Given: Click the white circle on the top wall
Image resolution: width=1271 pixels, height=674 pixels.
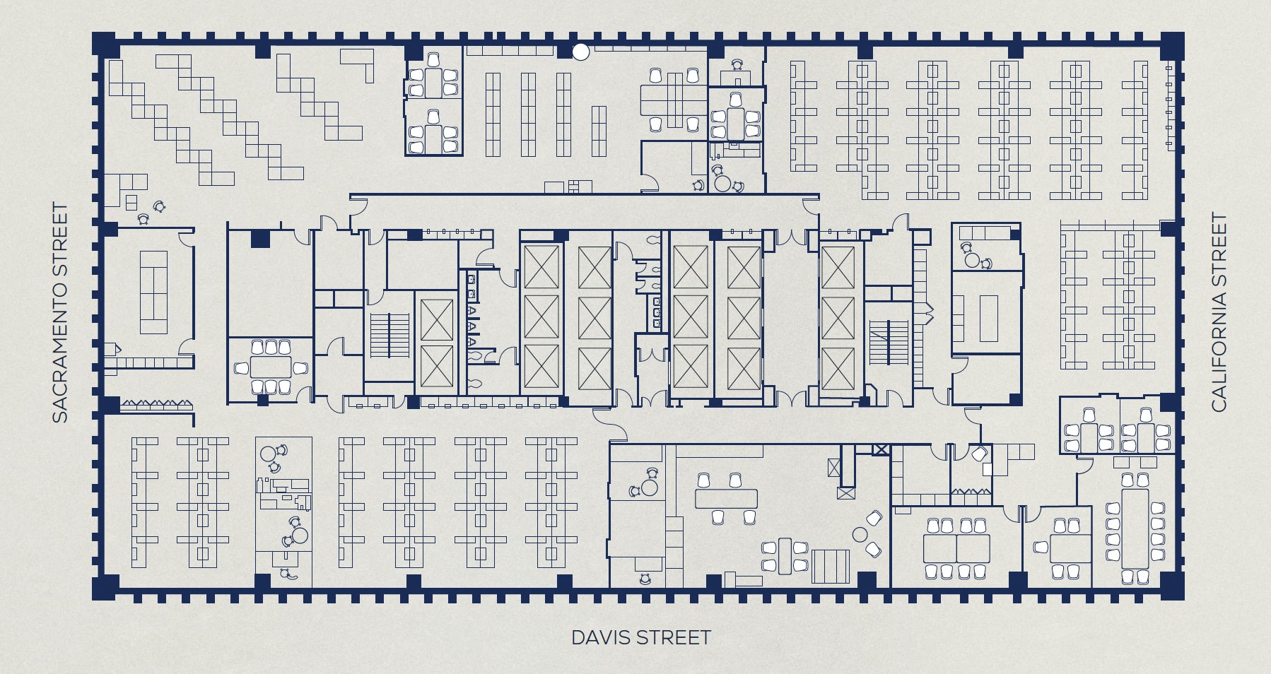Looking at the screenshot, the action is [580, 52].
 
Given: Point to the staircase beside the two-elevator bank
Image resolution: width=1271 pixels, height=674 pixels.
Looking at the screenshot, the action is [390, 336].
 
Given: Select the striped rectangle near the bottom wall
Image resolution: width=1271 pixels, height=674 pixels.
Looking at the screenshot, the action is [831, 566].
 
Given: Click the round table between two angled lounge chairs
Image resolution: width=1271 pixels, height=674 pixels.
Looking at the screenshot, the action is [860, 534].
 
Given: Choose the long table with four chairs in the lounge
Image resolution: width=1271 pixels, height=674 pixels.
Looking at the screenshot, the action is [726, 499].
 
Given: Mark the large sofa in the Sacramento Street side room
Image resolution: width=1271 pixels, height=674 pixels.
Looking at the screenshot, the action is [154, 292].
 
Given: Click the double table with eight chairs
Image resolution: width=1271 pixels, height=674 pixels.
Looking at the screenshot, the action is [956, 548].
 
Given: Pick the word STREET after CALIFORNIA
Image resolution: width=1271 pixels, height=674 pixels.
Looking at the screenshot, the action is [1219, 240].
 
